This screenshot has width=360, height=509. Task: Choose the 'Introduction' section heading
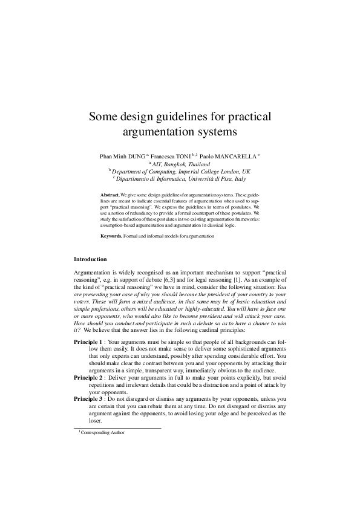[x=90, y=259]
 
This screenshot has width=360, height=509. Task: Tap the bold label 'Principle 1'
[x=88, y=342]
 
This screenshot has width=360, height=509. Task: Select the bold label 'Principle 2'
[x=88, y=378]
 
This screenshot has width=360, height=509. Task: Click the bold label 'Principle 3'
[x=88, y=400]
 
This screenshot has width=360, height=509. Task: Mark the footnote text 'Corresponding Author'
[x=103, y=433]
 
